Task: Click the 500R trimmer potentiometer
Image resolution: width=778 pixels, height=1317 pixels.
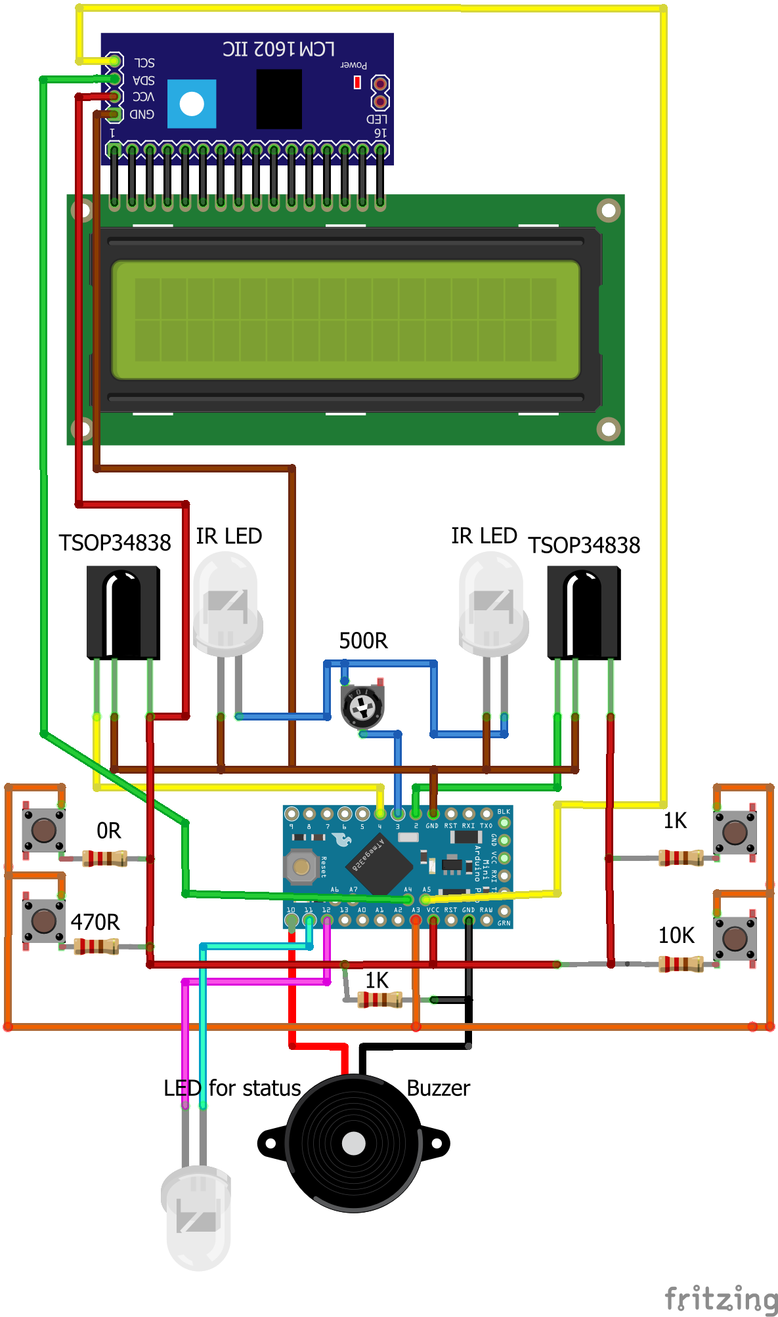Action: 362,707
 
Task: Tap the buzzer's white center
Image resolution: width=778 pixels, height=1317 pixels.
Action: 353,1143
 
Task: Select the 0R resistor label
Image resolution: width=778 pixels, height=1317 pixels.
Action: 109,831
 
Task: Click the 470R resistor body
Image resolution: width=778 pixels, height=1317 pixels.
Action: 97,946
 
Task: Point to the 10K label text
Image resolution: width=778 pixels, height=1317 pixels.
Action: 676,935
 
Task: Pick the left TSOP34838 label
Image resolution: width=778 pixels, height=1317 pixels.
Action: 115,543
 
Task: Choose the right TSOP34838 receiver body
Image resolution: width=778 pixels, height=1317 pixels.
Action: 584,612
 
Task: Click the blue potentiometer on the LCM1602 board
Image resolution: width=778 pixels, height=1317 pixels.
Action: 192,104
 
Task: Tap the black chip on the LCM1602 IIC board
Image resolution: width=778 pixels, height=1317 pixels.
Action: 279,98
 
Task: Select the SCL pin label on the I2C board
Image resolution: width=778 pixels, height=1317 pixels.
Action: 144,62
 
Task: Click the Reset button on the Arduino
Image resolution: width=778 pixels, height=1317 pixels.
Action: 301,867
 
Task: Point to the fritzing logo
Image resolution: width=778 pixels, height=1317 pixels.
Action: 720,1298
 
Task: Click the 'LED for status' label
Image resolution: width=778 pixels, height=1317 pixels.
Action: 232,1088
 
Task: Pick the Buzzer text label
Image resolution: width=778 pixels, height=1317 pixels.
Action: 438,1088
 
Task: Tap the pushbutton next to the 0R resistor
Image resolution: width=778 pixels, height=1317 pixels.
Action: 44,830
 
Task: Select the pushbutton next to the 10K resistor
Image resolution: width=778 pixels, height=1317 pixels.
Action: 735,938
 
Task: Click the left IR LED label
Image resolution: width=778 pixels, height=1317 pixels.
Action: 228,536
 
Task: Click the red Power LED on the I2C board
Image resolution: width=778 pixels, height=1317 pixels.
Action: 357,82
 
